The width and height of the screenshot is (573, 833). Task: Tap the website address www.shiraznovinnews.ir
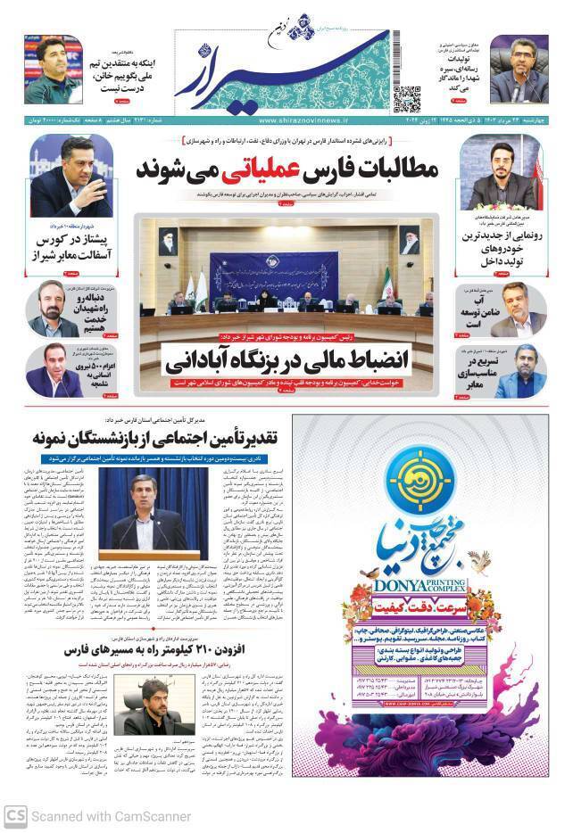(x=305, y=120)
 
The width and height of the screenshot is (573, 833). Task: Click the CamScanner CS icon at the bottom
(x=15, y=815)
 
